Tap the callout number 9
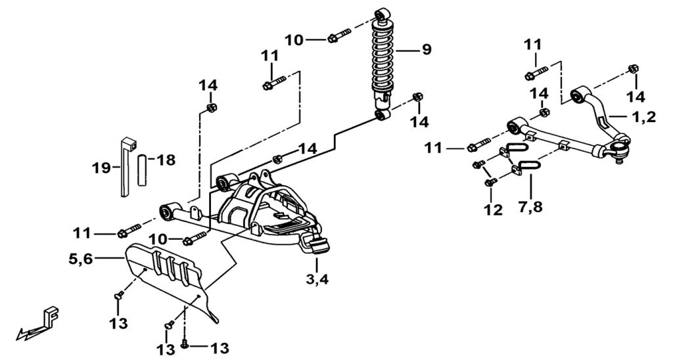pos(427,49)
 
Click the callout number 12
pos(493,210)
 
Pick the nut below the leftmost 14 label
pos(211,108)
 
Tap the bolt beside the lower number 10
pos(195,238)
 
